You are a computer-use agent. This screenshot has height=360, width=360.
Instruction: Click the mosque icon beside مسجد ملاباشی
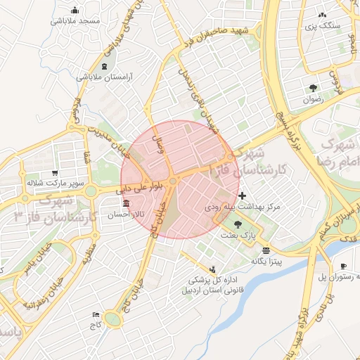point(75,10)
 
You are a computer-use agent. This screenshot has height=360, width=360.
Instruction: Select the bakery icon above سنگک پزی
point(322,14)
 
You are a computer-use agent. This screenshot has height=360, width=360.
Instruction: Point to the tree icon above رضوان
point(313,88)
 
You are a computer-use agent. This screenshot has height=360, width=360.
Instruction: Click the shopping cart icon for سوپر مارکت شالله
point(55,173)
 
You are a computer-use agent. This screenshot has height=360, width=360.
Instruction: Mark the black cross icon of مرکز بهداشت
point(243,195)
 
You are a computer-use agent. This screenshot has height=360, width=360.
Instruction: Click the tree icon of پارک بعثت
point(238,224)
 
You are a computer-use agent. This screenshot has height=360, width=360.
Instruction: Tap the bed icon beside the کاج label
point(96,314)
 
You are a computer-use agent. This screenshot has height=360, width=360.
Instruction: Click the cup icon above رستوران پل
point(343,265)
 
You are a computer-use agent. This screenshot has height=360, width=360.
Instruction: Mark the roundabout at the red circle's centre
point(173,181)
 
